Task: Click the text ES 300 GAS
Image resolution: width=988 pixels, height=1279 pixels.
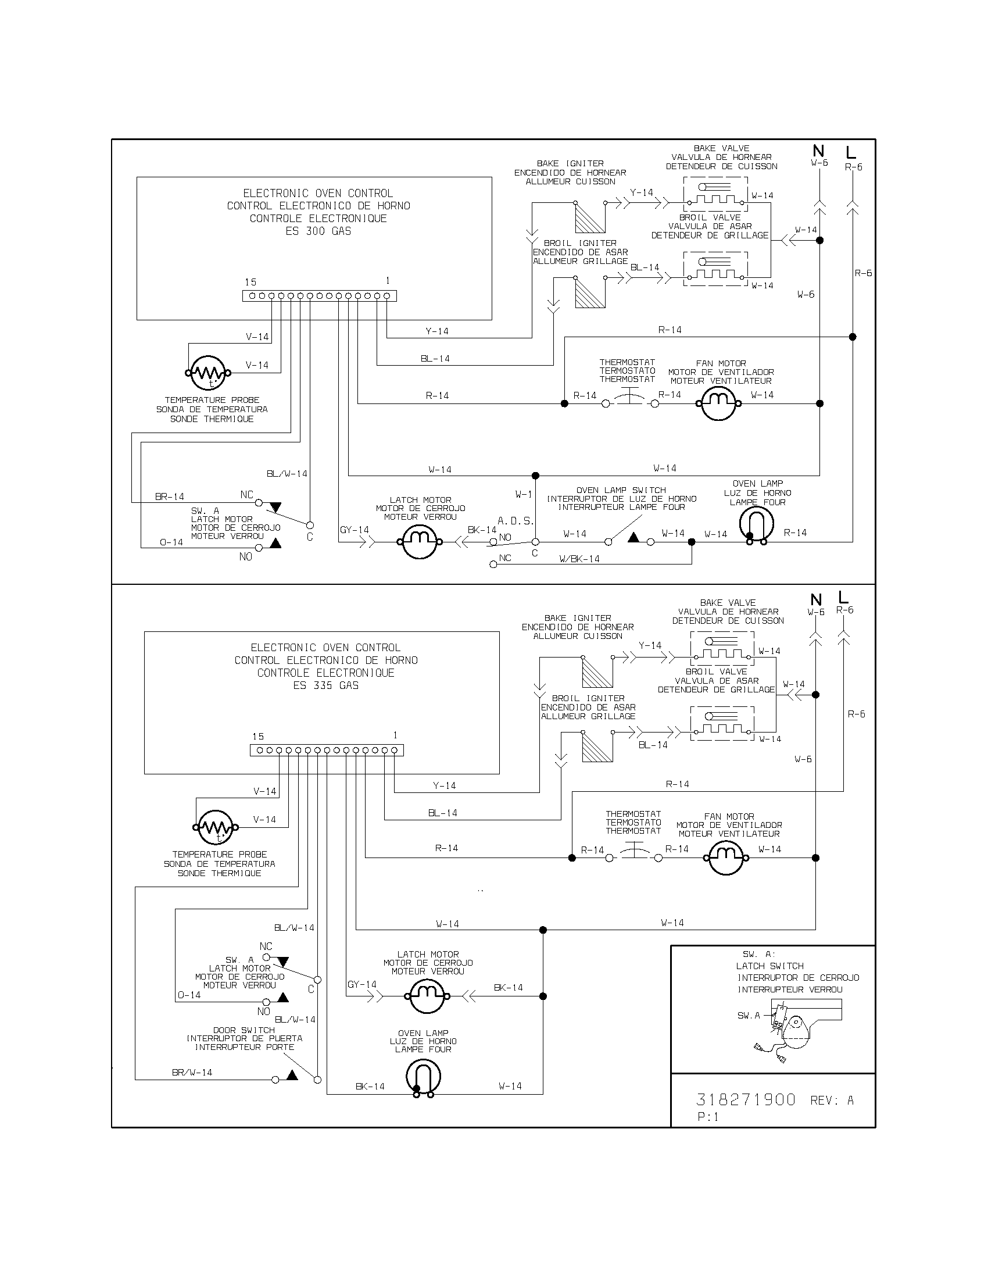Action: click(x=318, y=231)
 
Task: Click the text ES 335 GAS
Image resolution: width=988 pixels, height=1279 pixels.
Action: click(x=325, y=685)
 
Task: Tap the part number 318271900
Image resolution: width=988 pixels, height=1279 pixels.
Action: click(x=746, y=1100)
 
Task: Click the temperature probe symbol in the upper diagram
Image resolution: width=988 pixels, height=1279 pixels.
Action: click(x=208, y=373)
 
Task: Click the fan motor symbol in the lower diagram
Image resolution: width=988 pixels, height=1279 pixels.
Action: click(x=726, y=858)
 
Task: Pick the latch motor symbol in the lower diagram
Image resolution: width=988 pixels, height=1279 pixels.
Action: click(x=427, y=995)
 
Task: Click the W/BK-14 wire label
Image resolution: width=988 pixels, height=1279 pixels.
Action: click(x=579, y=559)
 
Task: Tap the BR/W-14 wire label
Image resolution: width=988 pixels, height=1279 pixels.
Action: click(x=192, y=1072)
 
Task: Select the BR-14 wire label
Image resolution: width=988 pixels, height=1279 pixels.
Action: click(x=170, y=496)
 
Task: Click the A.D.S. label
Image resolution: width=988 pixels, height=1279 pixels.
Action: click(x=516, y=520)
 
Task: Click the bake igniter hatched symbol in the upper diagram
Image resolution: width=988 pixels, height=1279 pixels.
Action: click(x=589, y=218)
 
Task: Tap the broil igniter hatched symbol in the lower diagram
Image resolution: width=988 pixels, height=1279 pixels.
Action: click(x=597, y=746)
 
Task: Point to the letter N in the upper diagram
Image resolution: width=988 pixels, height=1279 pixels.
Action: click(x=818, y=151)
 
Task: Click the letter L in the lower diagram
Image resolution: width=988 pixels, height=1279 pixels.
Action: click(x=843, y=597)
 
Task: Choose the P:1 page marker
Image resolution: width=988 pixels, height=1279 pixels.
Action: click(x=708, y=1117)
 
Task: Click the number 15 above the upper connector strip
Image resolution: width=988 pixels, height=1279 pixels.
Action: click(x=250, y=283)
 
